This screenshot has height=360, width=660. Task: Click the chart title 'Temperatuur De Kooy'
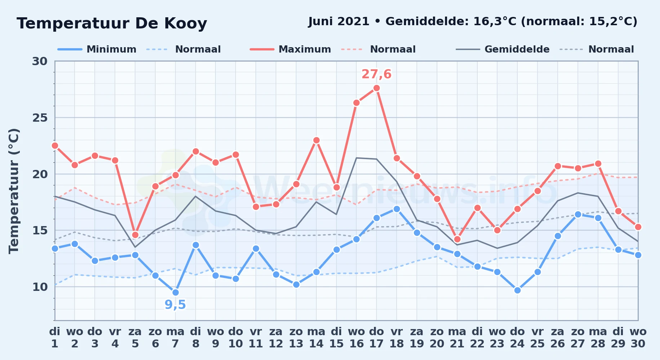[x=112, y=23]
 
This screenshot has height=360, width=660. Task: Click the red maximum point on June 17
[x=376, y=88]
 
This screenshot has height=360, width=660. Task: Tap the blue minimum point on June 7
[x=175, y=292]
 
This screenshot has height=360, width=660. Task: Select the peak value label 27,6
[x=376, y=74]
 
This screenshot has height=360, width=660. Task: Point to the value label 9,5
[x=175, y=305]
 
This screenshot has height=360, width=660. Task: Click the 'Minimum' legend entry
[x=97, y=49]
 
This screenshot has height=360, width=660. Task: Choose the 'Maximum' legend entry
[x=290, y=49]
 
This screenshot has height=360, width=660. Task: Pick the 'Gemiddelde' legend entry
[x=503, y=49]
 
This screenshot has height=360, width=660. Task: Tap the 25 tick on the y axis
[x=40, y=118]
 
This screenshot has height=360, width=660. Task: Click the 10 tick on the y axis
[x=40, y=287]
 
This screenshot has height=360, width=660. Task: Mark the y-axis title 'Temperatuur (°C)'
[x=14, y=191]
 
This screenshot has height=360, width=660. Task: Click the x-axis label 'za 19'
[x=417, y=338]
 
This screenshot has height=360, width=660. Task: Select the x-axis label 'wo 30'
[x=638, y=338]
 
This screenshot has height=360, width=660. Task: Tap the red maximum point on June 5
[x=135, y=235]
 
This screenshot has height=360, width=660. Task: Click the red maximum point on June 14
[x=316, y=140]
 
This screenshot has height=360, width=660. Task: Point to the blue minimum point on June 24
[x=517, y=290]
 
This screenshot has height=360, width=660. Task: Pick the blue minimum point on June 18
[x=397, y=209]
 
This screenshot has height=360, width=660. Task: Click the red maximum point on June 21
[x=457, y=239]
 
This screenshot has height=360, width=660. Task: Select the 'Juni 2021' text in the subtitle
[x=339, y=22]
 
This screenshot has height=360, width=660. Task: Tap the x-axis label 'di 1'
[x=55, y=338]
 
